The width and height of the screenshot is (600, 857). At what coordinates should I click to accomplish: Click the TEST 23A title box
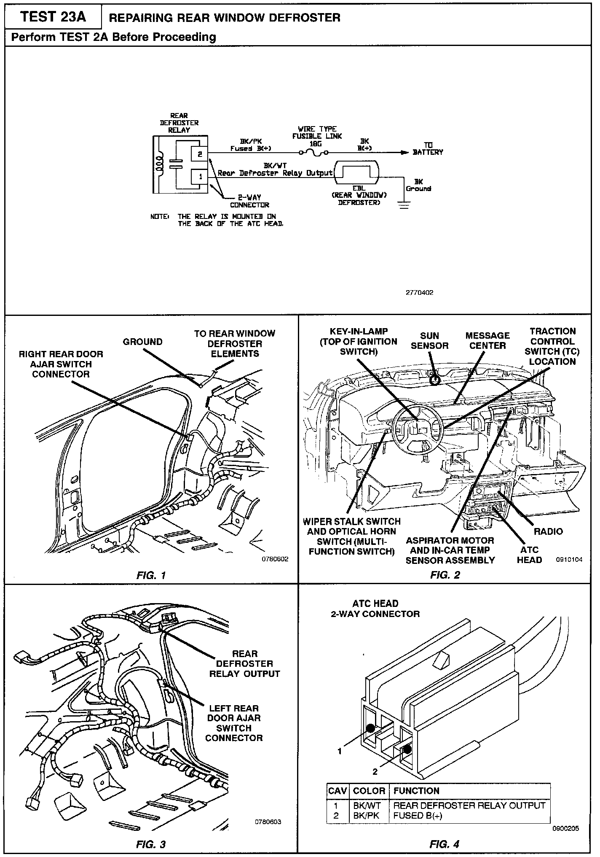[53, 17]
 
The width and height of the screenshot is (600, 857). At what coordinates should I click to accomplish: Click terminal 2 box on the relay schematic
[200, 154]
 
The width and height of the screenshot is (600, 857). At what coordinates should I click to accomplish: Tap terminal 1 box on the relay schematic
[200, 177]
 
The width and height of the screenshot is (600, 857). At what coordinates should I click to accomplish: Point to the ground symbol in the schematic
[404, 205]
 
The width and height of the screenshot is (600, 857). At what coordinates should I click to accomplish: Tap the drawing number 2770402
[419, 292]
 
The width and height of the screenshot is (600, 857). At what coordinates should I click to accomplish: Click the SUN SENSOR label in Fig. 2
[429, 341]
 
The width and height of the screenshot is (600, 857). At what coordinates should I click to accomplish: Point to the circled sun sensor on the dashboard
[435, 380]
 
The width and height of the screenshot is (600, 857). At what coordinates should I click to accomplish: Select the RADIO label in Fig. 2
[548, 531]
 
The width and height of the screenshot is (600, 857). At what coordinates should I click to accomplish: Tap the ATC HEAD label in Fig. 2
[529, 555]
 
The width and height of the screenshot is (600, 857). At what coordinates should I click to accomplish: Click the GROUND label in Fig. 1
[142, 342]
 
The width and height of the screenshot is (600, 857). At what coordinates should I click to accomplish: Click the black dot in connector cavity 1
[371, 728]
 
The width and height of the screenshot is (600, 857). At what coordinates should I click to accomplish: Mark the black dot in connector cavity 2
[407, 749]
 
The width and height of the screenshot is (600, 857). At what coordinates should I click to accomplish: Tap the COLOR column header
[369, 791]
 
